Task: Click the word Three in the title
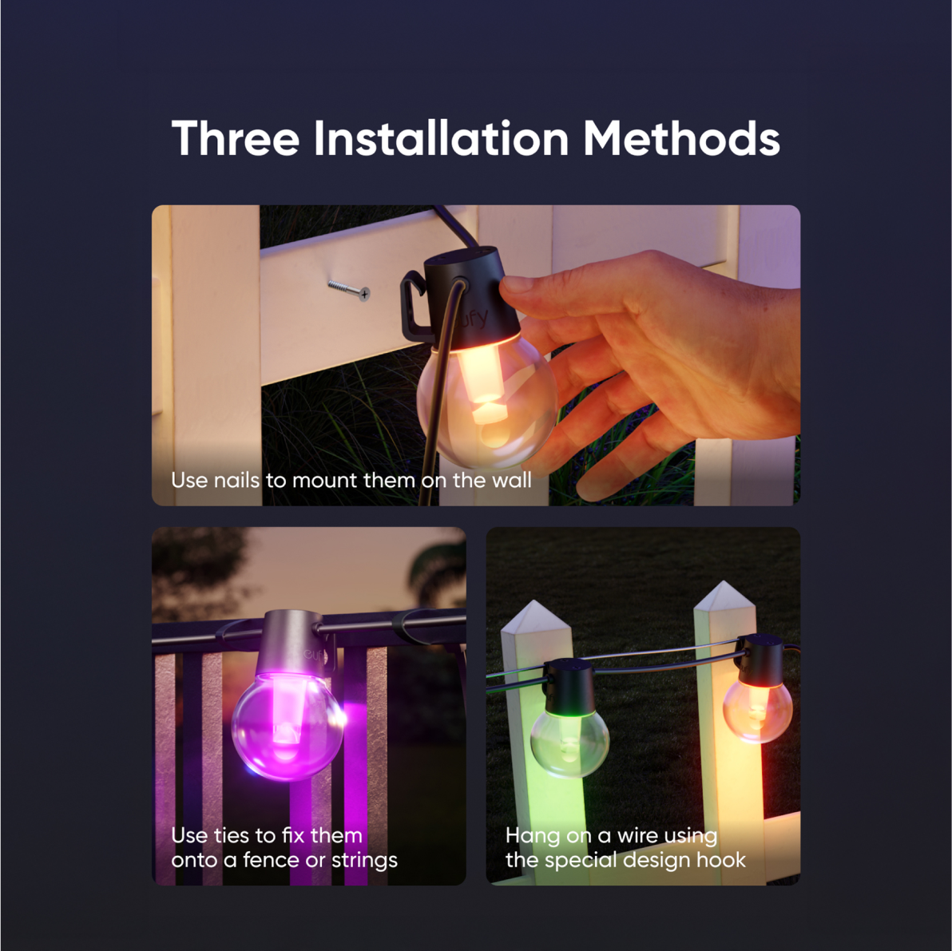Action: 236,138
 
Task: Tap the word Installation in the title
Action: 441,138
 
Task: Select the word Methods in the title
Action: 681,138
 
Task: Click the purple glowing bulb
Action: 287,725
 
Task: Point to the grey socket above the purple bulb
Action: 290,644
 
